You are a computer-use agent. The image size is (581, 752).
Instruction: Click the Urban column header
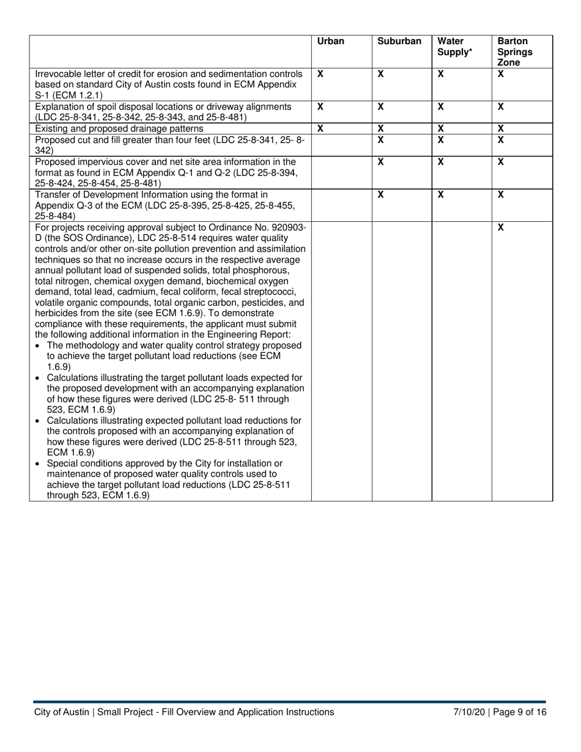pos(330,42)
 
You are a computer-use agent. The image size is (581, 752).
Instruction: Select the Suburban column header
pos(399,42)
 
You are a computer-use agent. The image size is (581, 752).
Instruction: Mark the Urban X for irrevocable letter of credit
pos(320,73)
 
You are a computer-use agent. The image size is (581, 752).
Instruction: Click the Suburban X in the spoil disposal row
pos(380,106)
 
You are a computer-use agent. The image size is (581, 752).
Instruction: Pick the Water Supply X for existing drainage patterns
pos(440,128)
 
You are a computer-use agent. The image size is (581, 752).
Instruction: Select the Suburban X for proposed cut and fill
pos(380,139)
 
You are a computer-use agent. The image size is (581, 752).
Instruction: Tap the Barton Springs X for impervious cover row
pos(500,161)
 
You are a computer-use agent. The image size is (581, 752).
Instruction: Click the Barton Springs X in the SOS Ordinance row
pos(500,227)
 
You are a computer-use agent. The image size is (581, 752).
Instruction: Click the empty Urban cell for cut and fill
pos(341,144)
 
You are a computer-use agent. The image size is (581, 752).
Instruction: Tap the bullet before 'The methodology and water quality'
pos(39,346)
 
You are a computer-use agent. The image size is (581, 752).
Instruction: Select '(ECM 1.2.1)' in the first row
pos(77,95)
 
